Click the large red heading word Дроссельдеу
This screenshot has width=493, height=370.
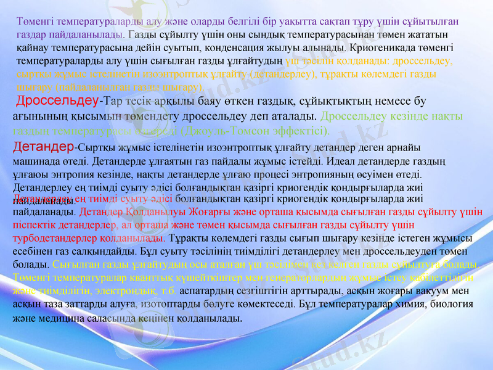[56, 101]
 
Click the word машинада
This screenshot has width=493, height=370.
[36, 162]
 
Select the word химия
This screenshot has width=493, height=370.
[394, 303]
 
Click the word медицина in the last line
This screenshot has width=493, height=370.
[71, 318]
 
